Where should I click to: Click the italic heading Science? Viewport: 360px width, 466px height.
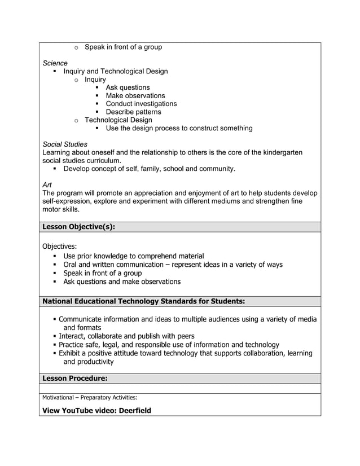tap(55, 63)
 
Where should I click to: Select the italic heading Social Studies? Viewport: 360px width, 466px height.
tap(65, 144)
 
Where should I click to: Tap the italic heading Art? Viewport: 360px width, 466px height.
tap(47, 184)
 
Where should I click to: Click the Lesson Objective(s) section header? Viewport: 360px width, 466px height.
tap(78, 227)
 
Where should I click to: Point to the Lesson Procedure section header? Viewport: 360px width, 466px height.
tap(74, 378)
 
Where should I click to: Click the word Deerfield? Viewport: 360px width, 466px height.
tap(135, 410)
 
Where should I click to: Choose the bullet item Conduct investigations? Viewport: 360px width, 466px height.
tap(141, 104)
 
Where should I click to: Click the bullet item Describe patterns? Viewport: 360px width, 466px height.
tap(133, 112)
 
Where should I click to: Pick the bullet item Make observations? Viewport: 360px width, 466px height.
tap(135, 96)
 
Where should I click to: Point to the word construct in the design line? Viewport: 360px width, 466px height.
tap(195, 128)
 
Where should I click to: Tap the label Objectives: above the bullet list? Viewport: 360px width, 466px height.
tap(60, 246)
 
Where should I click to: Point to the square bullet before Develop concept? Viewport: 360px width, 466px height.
tap(55, 169)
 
